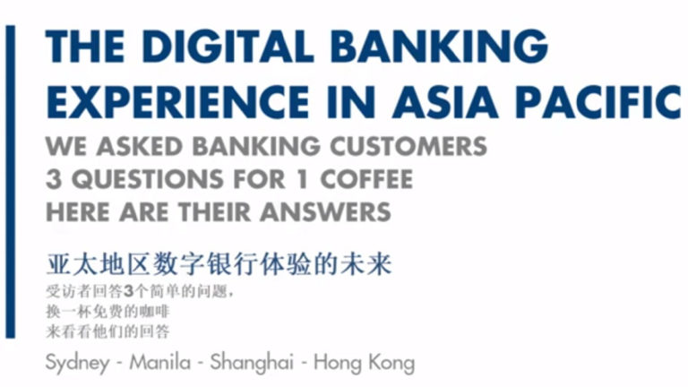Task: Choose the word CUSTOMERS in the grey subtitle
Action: tap(408, 146)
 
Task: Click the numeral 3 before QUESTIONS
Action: tap(53, 178)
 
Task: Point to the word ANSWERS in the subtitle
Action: tap(330, 211)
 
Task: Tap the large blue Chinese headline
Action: tap(219, 266)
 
